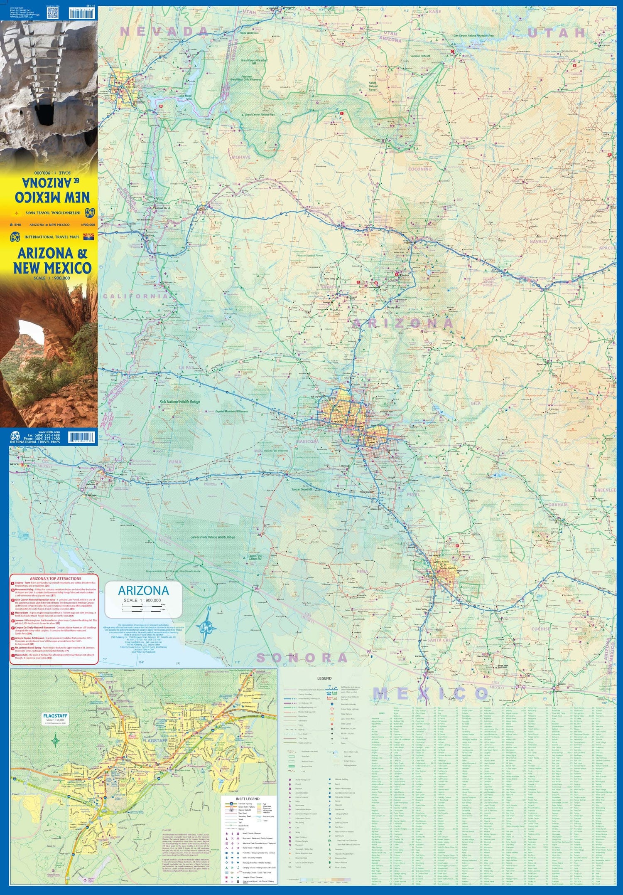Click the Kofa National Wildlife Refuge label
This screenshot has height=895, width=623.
(180, 402)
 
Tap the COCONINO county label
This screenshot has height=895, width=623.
(419, 169)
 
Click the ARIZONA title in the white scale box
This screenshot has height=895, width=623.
(143, 590)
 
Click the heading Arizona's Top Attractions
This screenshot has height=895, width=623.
(56, 578)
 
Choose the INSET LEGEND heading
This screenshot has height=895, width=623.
(248, 799)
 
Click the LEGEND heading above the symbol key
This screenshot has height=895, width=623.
(324, 678)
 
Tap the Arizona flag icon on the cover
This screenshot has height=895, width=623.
(89, 237)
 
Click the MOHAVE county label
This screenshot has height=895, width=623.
(241, 157)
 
